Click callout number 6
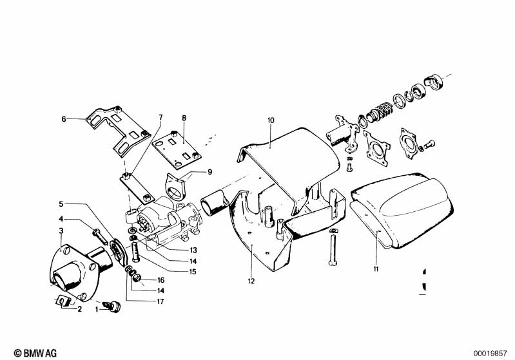pyautogui.click(x=64, y=118)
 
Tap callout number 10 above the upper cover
pyautogui.click(x=271, y=120)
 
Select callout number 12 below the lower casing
pyautogui.click(x=251, y=281)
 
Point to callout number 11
pyautogui.click(x=376, y=269)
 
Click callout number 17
pyautogui.click(x=160, y=301)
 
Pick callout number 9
pyautogui.click(x=210, y=172)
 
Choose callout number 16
pyautogui.click(x=161, y=280)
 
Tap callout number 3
pyautogui.click(x=61, y=231)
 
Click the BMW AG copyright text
pyautogui.click(x=35, y=353)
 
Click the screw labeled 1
pyautogui.click(x=112, y=306)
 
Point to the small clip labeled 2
pyautogui.click(x=63, y=301)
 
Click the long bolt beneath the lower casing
pyautogui.click(x=333, y=247)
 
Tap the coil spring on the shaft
pyautogui.click(x=380, y=111)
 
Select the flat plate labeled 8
pyautogui.click(x=177, y=149)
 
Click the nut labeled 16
pyautogui.click(x=137, y=278)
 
